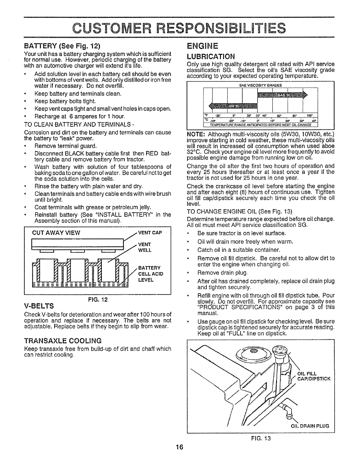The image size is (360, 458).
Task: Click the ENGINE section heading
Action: (x=202, y=46)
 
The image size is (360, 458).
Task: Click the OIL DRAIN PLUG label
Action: (x=310, y=426)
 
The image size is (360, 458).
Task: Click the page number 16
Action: (x=180, y=447)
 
